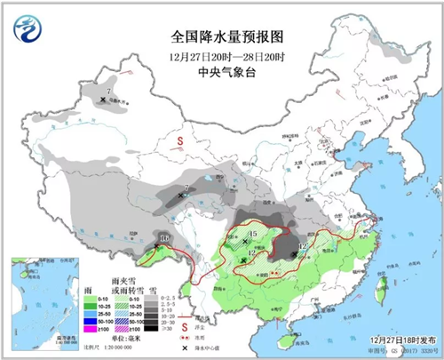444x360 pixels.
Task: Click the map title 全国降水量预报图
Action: tap(221, 38)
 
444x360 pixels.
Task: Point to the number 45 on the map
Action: tap(252, 234)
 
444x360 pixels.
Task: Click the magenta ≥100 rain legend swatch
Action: tap(91, 330)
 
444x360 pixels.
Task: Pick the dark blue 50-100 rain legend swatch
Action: tap(91, 322)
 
